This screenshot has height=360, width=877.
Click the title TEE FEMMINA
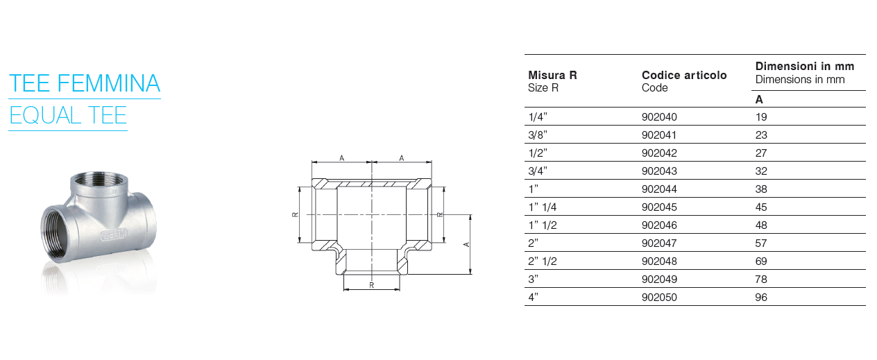tap(85, 83)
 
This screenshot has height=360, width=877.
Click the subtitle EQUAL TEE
tap(68, 115)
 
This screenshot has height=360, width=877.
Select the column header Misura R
tap(552, 75)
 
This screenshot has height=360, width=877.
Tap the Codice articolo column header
tap(684, 75)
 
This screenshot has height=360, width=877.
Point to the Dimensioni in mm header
tap(805, 66)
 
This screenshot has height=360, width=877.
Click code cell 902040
tap(659, 117)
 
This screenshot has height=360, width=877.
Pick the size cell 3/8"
tap(538, 135)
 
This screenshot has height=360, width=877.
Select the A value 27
tap(761, 153)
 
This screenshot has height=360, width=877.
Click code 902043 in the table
tap(659, 171)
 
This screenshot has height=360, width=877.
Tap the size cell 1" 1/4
tap(543, 207)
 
